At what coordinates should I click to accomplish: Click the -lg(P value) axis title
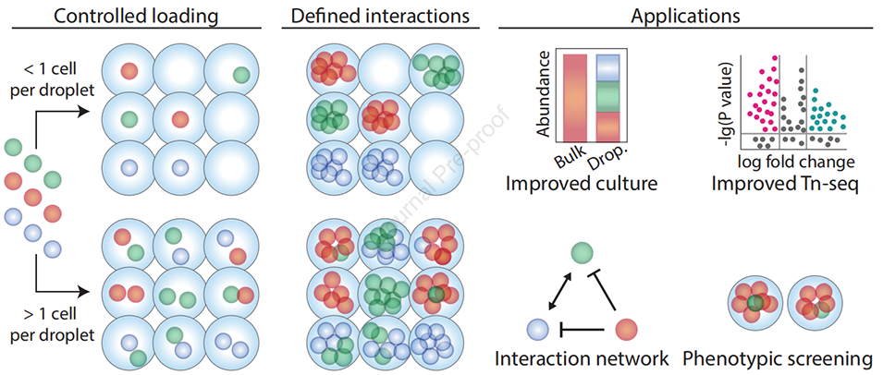(x=724, y=97)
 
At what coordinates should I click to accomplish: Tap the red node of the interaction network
(x=625, y=327)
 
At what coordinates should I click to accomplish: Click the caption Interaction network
(x=581, y=358)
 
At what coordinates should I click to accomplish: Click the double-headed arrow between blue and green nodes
(x=558, y=291)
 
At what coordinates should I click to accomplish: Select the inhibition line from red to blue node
(x=583, y=327)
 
